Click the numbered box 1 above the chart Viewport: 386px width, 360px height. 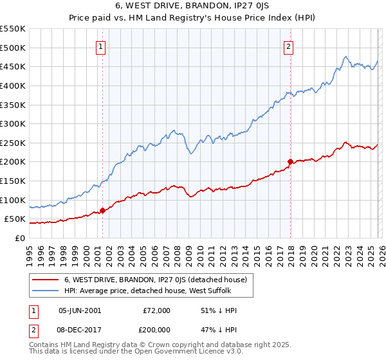[x=102, y=46]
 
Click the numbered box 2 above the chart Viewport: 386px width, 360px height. [x=289, y=46]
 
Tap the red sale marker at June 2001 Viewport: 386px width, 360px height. [x=102, y=210]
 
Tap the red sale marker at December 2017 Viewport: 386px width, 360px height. [x=290, y=161]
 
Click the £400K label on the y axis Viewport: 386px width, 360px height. [x=12, y=85]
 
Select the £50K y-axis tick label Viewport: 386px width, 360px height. [x=15, y=219]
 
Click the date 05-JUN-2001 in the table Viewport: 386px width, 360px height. [x=80, y=310]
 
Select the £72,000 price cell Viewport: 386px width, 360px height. [x=156, y=310]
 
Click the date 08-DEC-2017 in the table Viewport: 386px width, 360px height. [x=80, y=330]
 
